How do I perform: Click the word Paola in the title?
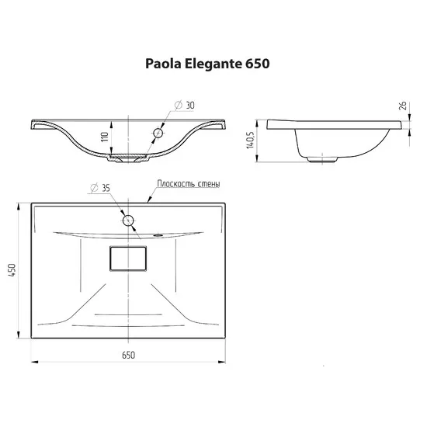pos(163,64)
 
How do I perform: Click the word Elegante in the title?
pos(213,64)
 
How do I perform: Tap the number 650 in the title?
pos(258,64)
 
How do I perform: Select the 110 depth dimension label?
pos(105,137)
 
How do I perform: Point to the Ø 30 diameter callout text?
pos(185,105)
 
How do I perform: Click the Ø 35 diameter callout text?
pos(100,188)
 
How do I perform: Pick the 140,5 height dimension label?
pos(250,141)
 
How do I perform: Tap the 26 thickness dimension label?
pos(403,106)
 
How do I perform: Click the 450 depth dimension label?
pos(12,270)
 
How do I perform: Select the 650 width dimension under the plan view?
pos(128,355)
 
